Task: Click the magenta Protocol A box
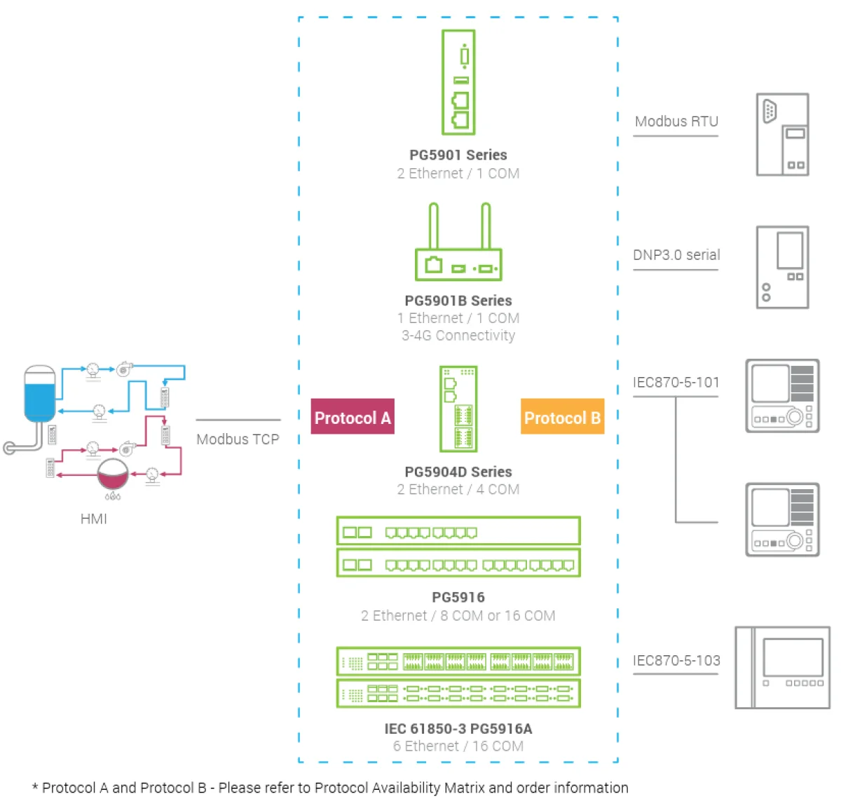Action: (353, 416)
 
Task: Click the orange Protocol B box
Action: (562, 416)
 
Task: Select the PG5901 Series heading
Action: (458, 155)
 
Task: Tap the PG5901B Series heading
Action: (458, 301)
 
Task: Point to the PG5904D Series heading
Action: (458, 472)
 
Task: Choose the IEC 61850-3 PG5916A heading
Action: (458, 728)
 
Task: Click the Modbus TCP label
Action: (238, 439)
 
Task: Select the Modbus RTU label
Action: (676, 121)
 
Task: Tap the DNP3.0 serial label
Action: (676, 254)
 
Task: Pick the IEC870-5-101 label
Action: (676, 382)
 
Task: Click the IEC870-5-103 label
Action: (676, 660)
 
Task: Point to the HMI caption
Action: (94, 519)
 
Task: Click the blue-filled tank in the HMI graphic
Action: (40, 394)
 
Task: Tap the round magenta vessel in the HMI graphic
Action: (113, 474)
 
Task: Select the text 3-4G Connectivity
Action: (458, 336)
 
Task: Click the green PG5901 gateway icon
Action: (458, 82)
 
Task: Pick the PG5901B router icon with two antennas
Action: (458, 242)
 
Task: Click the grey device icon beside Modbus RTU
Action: (782, 135)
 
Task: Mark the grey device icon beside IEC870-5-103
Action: (782, 667)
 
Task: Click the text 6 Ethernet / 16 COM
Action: (458, 746)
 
